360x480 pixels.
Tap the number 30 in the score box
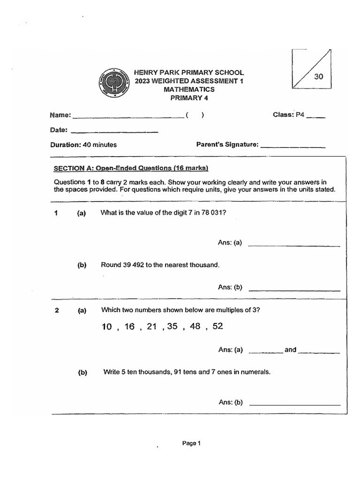[x=319, y=77]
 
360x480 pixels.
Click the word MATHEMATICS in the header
[x=189, y=89]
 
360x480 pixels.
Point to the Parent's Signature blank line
[x=292, y=147]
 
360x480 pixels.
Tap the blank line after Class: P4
[x=315, y=118]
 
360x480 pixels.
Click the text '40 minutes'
[x=100, y=145]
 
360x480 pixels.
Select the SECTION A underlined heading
[x=131, y=168]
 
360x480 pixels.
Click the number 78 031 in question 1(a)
[x=212, y=212]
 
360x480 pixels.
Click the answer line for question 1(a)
[x=294, y=246]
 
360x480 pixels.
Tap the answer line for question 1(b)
[x=294, y=291]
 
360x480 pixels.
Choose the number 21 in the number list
[x=151, y=326]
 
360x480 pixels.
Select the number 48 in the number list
[x=195, y=326]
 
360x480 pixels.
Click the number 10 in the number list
[x=107, y=327]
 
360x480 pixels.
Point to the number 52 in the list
[x=217, y=326]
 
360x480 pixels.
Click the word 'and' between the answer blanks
[x=291, y=350]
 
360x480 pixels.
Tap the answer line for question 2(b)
[x=295, y=405]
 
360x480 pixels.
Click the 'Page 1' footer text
[x=191, y=443]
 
